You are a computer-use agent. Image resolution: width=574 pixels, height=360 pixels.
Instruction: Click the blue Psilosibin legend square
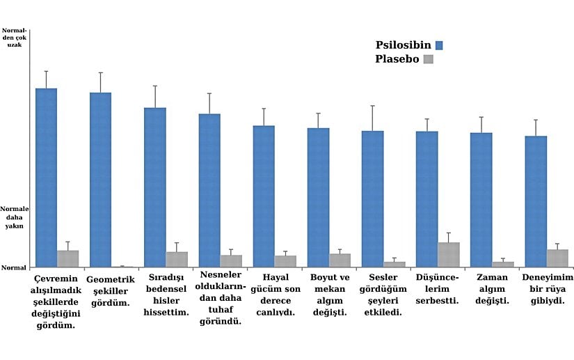click(438, 45)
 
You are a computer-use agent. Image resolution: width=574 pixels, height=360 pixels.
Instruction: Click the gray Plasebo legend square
click(428, 59)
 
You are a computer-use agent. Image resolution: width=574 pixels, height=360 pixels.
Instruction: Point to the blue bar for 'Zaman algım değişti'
click(481, 199)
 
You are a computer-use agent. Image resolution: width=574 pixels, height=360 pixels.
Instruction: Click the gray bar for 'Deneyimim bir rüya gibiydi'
click(557, 258)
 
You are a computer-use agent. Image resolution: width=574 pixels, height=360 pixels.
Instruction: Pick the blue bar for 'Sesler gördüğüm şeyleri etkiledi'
click(372, 198)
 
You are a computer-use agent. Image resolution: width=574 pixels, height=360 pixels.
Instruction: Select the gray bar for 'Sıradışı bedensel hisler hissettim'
click(177, 259)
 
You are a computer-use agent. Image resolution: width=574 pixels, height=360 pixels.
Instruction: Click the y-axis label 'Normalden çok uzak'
click(14, 38)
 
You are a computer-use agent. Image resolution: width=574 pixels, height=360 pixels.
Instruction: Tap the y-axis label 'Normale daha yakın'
click(14, 217)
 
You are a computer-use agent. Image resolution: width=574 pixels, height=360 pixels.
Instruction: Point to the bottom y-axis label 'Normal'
click(13, 267)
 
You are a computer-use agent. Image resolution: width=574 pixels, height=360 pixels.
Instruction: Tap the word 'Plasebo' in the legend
click(397, 59)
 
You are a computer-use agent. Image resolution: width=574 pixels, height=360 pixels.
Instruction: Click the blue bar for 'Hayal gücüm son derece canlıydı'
click(264, 196)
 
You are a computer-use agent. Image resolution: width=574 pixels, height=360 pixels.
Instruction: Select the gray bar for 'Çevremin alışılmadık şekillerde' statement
click(67, 258)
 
